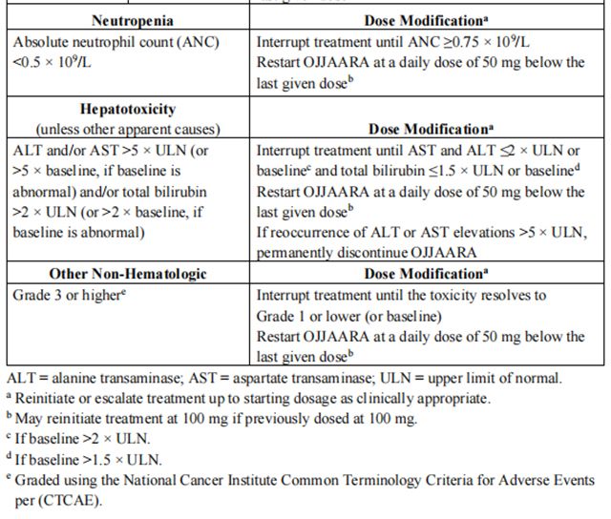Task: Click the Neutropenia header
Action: pyautogui.click(x=131, y=20)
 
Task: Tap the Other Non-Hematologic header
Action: pyautogui.click(x=128, y=274)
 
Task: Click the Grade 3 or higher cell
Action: pyautogui.click(x=70, y=295)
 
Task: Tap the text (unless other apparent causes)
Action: pyautogui.click(x=129, y=129)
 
